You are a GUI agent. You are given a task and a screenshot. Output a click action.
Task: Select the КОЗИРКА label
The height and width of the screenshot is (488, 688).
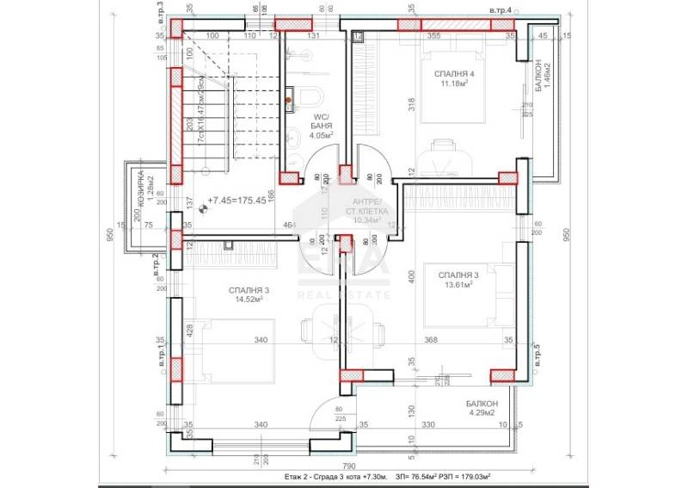[139, 183]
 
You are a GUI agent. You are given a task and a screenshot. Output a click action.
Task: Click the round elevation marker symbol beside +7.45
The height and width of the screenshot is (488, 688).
[204, 207]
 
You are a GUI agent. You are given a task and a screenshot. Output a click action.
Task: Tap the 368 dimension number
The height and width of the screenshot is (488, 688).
[430, 340]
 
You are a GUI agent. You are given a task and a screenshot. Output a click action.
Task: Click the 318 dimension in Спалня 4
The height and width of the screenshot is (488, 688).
[389, 106]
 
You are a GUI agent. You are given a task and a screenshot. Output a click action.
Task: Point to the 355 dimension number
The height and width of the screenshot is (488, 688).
[434, 36]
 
